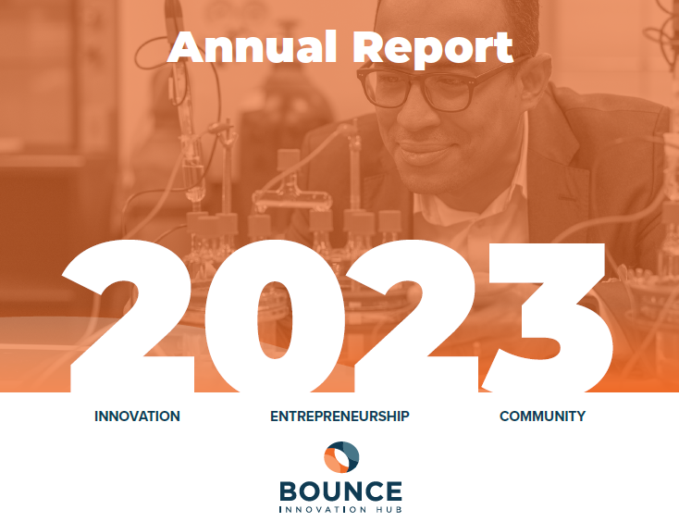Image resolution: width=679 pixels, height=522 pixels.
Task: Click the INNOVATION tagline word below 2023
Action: [137, 416]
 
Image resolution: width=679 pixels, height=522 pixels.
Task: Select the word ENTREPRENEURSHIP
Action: [339, 416]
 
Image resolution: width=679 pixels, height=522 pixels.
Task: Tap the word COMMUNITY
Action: [542, 416]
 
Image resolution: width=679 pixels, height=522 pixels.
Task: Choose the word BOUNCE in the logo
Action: [340, 491]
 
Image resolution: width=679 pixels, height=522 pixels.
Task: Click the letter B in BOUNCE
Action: [289, 491]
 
